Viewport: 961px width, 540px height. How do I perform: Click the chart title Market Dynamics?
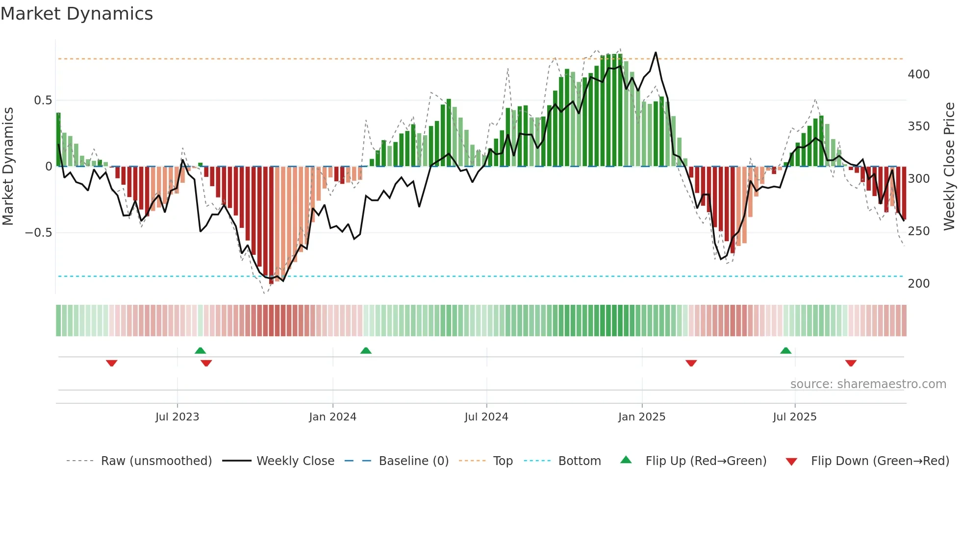coord(76,14)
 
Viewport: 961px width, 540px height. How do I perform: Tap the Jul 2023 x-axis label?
coord(177,417)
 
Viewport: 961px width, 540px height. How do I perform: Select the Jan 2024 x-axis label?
coord(332,417)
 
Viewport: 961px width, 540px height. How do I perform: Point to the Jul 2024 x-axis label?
coord(486,417)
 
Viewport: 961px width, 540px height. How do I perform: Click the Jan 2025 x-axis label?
coord(641,417)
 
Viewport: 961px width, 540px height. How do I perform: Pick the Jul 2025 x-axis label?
coord(794,417)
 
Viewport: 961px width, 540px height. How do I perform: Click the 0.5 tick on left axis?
coord(43,100)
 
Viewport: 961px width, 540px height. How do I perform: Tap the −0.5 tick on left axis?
coord(39,232)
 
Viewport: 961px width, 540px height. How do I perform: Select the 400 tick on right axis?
coord(918,74)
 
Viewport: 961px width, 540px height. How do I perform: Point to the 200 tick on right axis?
coord(918,284)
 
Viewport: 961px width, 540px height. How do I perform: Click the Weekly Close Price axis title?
coord(949,167)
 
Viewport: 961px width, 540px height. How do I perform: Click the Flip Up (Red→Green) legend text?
coord(706,461)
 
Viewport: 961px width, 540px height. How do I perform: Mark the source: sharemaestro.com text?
coord(868,384)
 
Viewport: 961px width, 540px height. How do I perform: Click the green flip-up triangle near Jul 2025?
coord(785,351)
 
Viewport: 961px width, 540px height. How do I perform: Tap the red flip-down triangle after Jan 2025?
coord(691,363)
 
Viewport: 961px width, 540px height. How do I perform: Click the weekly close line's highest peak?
coord(656,52)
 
